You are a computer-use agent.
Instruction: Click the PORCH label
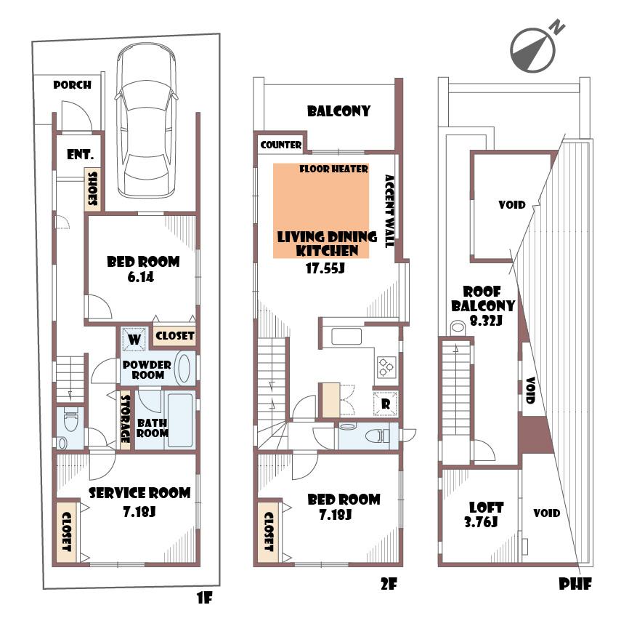(73, 85)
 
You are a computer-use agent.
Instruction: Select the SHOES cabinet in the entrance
(93, 190)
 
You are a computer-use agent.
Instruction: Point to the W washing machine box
(134, 338)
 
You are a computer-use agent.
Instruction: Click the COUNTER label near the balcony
(281, 145)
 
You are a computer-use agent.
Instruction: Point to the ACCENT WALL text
(389, 211)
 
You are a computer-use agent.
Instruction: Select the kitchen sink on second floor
(346, 337)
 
